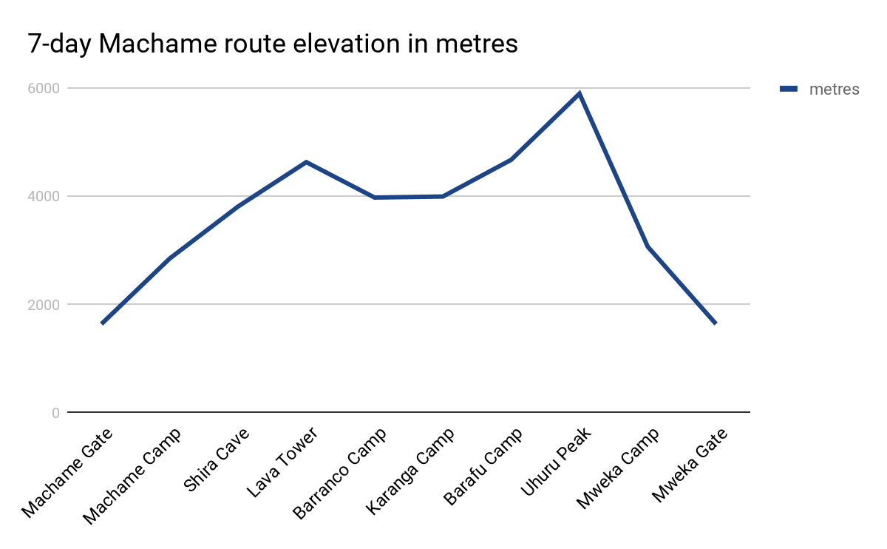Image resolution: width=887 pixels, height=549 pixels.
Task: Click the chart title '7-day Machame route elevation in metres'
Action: coord(273,44)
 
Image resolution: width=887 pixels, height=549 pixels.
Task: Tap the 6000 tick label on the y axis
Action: coord(44,88)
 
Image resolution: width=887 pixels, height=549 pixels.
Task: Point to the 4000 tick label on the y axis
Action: coord(44,196)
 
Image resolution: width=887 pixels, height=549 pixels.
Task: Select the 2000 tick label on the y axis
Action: coord(44,304)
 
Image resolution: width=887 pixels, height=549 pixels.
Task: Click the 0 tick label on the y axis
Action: coord(55,412)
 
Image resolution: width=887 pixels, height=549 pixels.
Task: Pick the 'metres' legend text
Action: coord(834,90)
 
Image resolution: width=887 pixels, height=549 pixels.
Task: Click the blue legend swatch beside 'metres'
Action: coord(789,89)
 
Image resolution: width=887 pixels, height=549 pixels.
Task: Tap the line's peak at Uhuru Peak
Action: coord(580,93)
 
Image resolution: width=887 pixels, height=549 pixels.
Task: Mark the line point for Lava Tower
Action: coord(306,162)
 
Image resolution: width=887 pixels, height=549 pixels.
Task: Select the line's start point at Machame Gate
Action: coord(102,323)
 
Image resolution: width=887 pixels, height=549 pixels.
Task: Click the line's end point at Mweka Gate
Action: coord(716,323)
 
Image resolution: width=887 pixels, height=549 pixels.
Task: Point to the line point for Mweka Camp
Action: coord(648,246)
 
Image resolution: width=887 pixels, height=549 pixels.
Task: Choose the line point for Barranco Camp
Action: coord(375,198)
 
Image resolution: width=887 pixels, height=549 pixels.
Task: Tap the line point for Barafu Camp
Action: coord(511,160)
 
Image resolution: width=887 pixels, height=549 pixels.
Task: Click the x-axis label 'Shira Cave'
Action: coord(217,460)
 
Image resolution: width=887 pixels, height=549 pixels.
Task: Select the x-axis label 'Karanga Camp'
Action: coord(411,471)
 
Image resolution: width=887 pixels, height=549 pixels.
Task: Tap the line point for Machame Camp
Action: coord(170,258)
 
